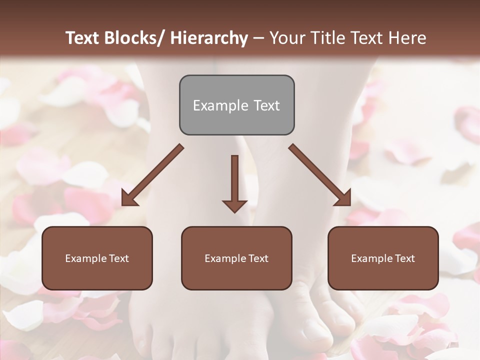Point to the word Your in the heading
pyautogui.click(x=286, y=38)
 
